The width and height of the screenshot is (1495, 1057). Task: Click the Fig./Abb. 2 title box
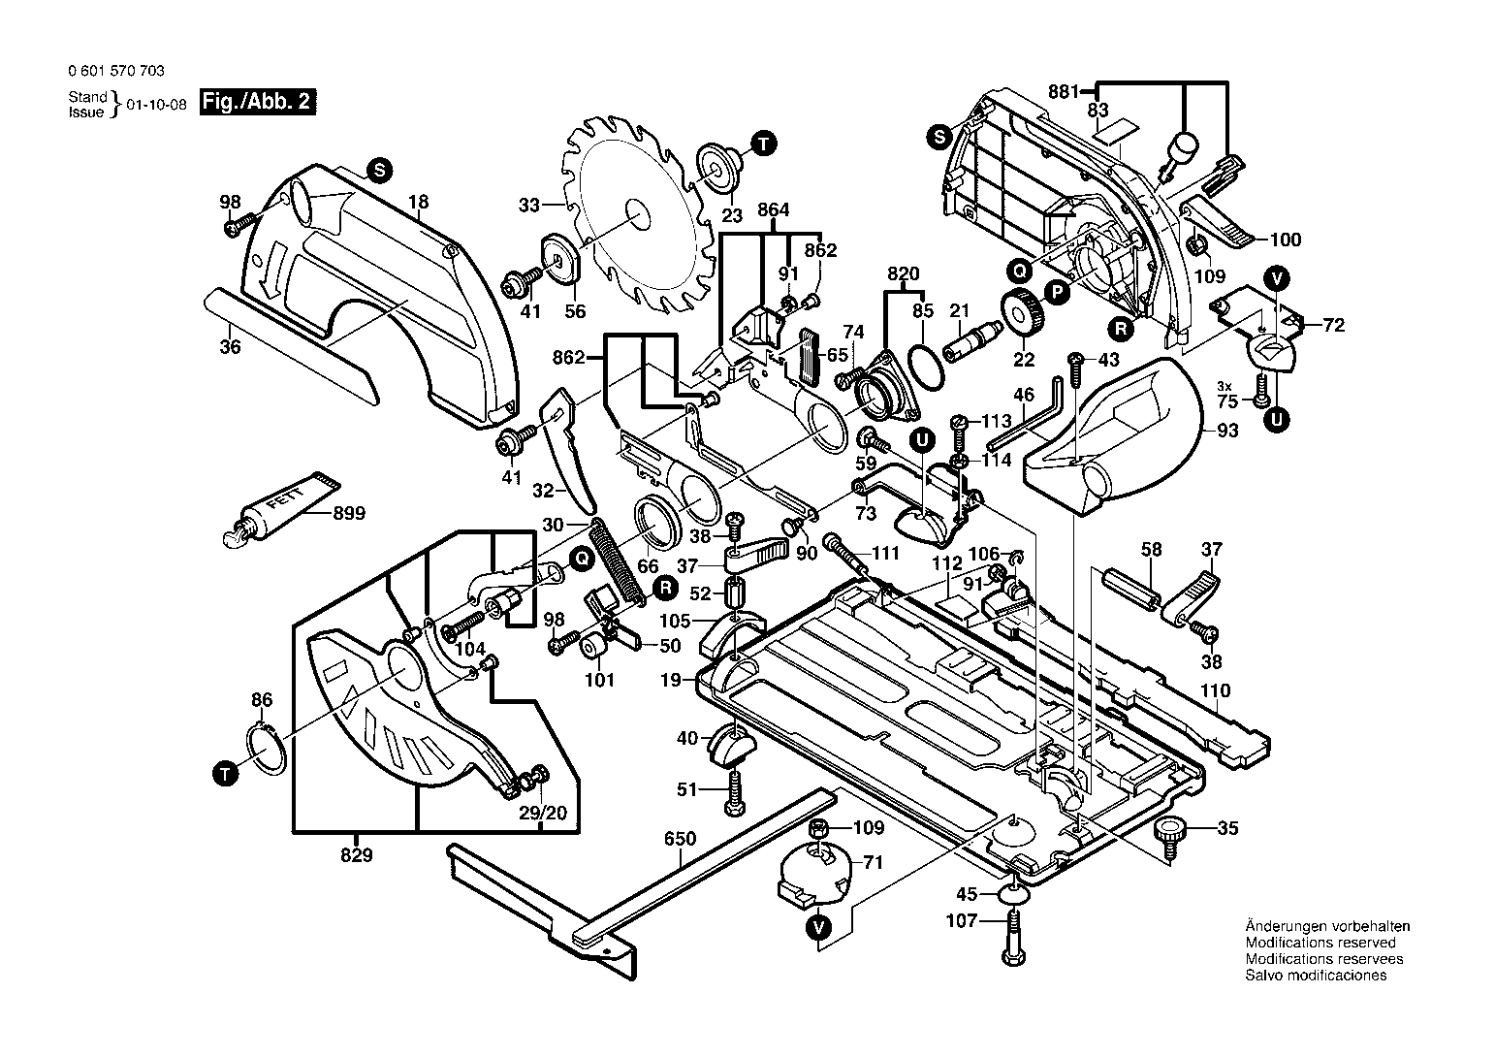click(258, 102)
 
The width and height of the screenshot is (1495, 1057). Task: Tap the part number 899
click(349, 514)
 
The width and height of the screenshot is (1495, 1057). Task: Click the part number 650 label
click(680, 838)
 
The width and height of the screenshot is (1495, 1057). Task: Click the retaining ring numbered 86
click(267, 750)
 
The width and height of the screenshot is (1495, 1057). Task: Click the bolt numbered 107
click(1014, 938)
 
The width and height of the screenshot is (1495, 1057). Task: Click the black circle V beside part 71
click(819, 927)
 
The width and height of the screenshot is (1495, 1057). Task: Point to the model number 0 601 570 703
click(116, 71)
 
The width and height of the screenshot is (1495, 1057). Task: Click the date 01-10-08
click(157, 105)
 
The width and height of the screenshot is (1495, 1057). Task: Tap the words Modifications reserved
click(1320, 943)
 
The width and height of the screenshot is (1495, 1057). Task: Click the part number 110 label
click(1216, 690)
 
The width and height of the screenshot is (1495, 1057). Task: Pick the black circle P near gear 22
click(1057, 293)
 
